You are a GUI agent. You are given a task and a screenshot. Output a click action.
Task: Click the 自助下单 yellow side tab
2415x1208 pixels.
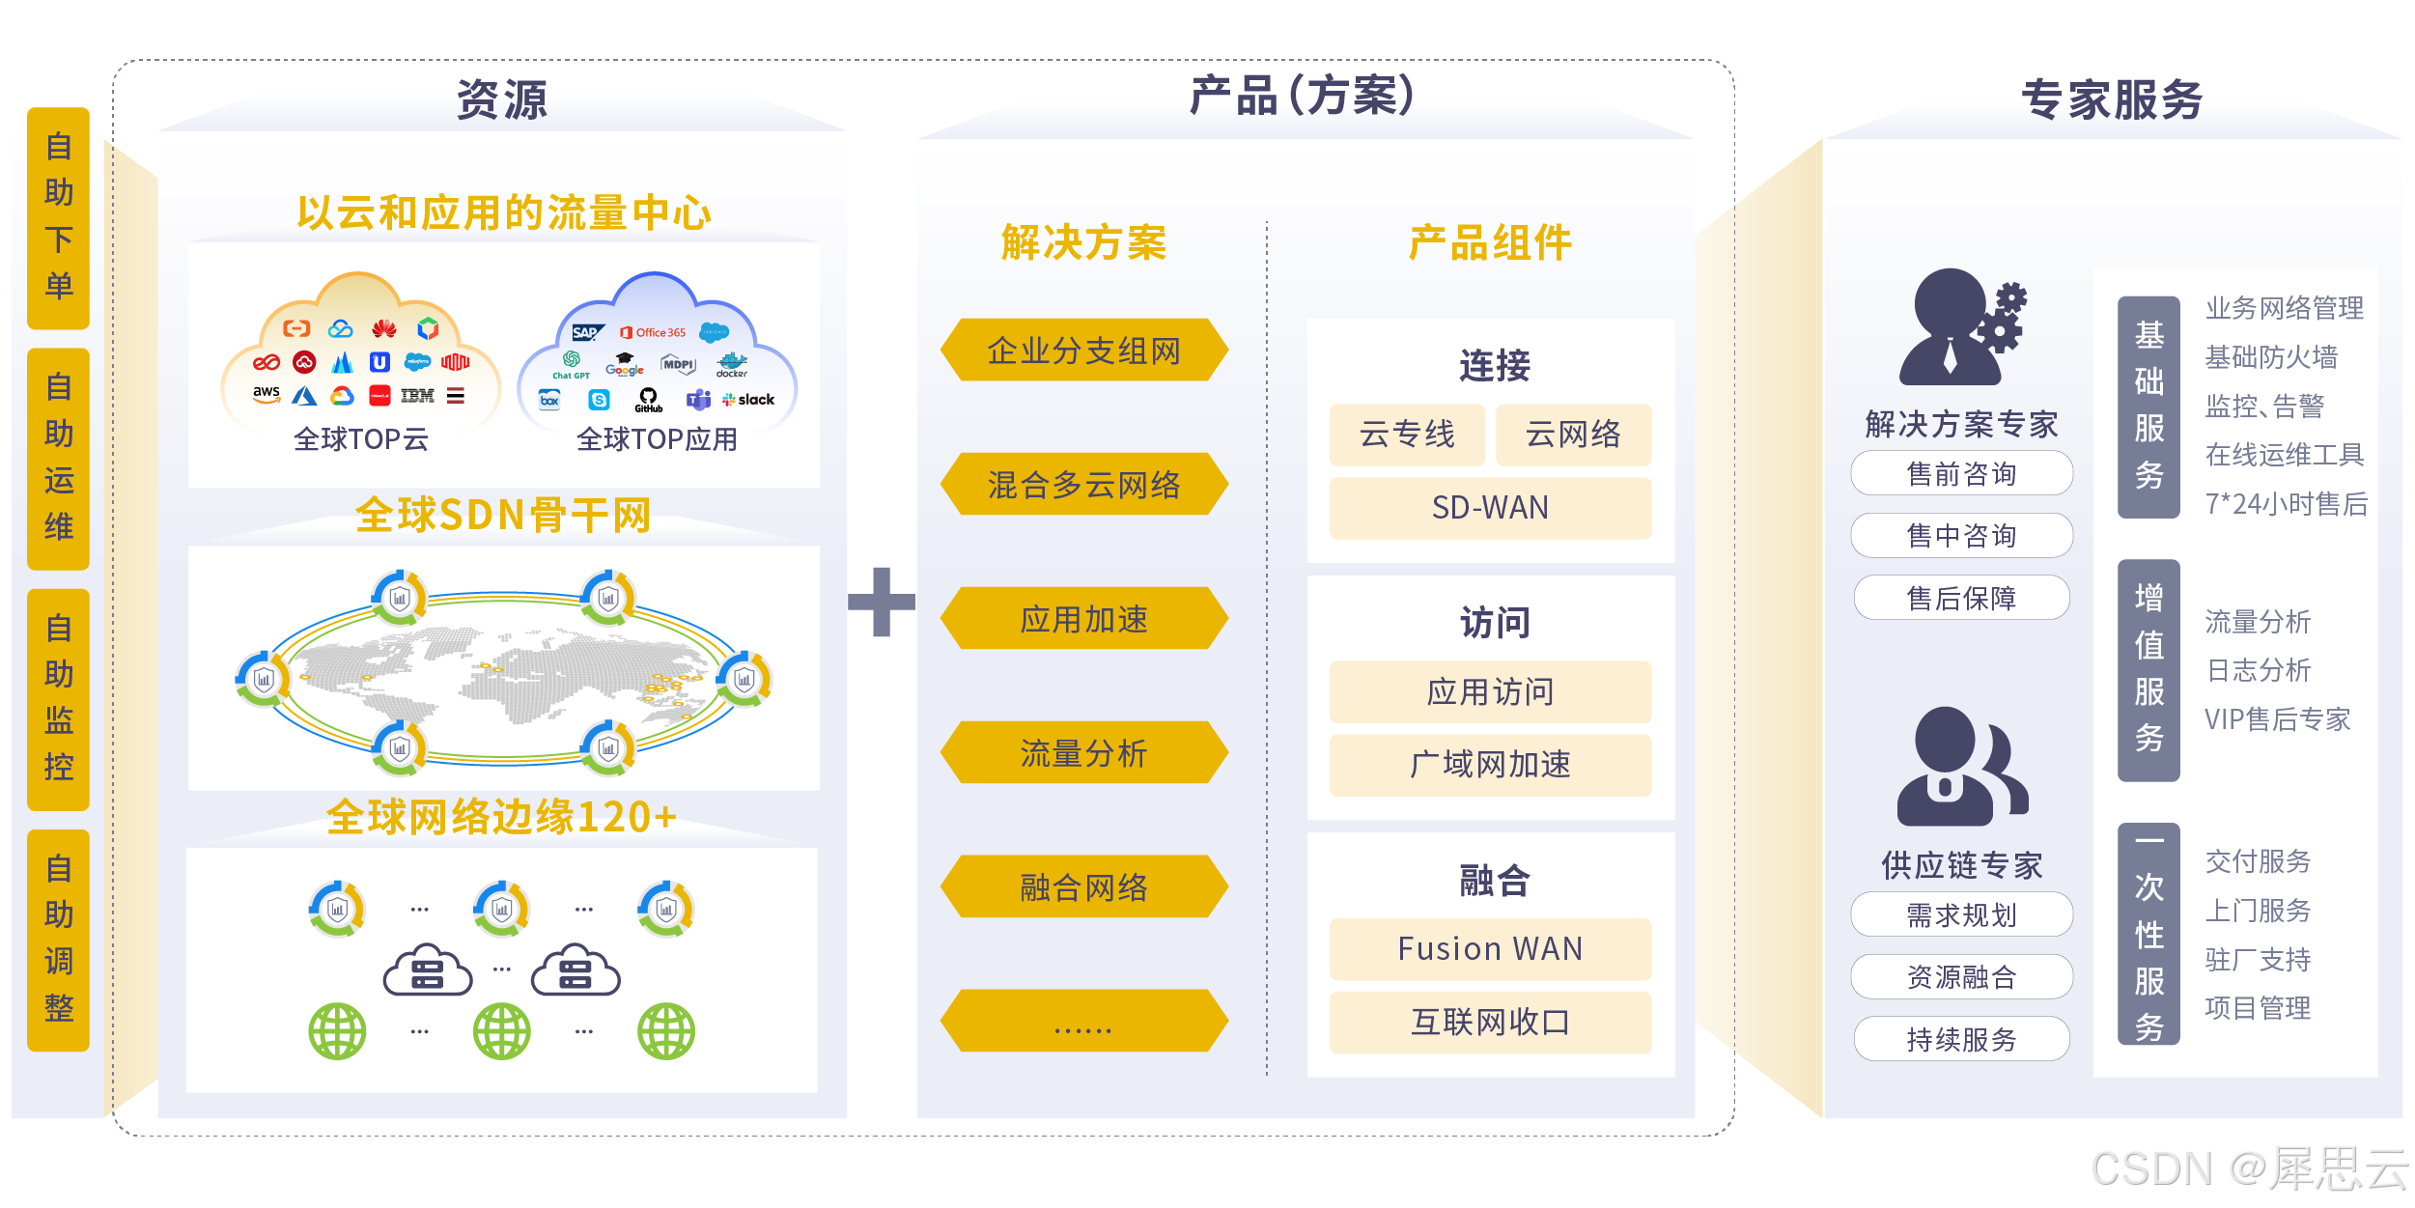[58, 217]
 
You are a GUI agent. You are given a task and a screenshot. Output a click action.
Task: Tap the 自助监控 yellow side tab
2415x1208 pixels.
[58, 698]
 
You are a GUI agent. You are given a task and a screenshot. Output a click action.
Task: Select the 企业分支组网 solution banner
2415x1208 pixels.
[1083, 350]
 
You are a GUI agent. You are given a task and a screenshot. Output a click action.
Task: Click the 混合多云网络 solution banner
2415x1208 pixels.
[1083, 484]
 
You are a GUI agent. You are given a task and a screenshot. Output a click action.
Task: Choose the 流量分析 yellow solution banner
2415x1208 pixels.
[1083, 752]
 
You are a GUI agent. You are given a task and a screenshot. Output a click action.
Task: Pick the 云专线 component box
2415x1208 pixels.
[1407, 435]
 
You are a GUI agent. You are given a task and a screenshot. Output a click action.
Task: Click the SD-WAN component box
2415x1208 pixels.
[1490, 508]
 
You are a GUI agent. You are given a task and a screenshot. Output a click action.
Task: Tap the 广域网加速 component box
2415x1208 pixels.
[1490, 765]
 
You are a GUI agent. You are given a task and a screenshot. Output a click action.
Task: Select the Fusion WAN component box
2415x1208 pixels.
[1490, 948]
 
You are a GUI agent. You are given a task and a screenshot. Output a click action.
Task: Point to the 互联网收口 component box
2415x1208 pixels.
[1490, 1022]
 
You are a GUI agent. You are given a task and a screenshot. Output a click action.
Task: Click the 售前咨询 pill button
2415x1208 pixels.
[1961, 473]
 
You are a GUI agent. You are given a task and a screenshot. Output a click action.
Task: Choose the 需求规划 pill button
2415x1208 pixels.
[1961, 914]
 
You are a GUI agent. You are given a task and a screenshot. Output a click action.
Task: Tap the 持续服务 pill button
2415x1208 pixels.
[1961, 1039]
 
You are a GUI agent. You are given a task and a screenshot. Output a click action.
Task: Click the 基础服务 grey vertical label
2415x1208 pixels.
[2148, 407]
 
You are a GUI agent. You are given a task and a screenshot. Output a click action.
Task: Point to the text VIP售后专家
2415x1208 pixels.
[2277, 719]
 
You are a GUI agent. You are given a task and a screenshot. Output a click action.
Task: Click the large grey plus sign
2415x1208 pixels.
[881, 602]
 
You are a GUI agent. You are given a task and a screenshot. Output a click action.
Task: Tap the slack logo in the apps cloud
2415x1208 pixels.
[749, 400]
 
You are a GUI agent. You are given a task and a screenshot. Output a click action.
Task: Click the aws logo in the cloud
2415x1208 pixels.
[267, 393]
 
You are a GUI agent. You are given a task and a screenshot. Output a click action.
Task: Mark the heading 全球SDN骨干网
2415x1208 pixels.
[503, 515]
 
